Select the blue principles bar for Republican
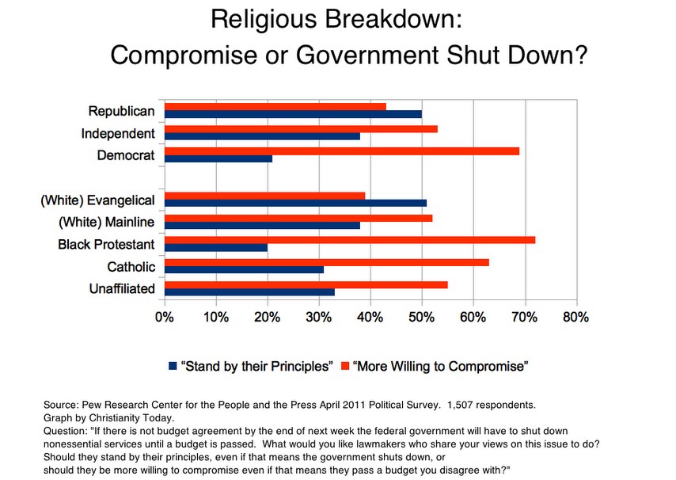tap(293, 114)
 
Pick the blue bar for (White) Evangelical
tap(295, 203)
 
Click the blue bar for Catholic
tap(244, 269)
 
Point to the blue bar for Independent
tap(262, 136)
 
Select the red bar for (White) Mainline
tap(298, 217)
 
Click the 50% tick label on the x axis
tap(422, 317)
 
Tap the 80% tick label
tap(575, 317)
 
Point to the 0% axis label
tap(165, 317)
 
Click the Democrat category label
tap(125, 155)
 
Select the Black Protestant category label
tap(106, 244)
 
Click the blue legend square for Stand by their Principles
tap(173, 366)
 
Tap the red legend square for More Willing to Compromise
tap(344, 366)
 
